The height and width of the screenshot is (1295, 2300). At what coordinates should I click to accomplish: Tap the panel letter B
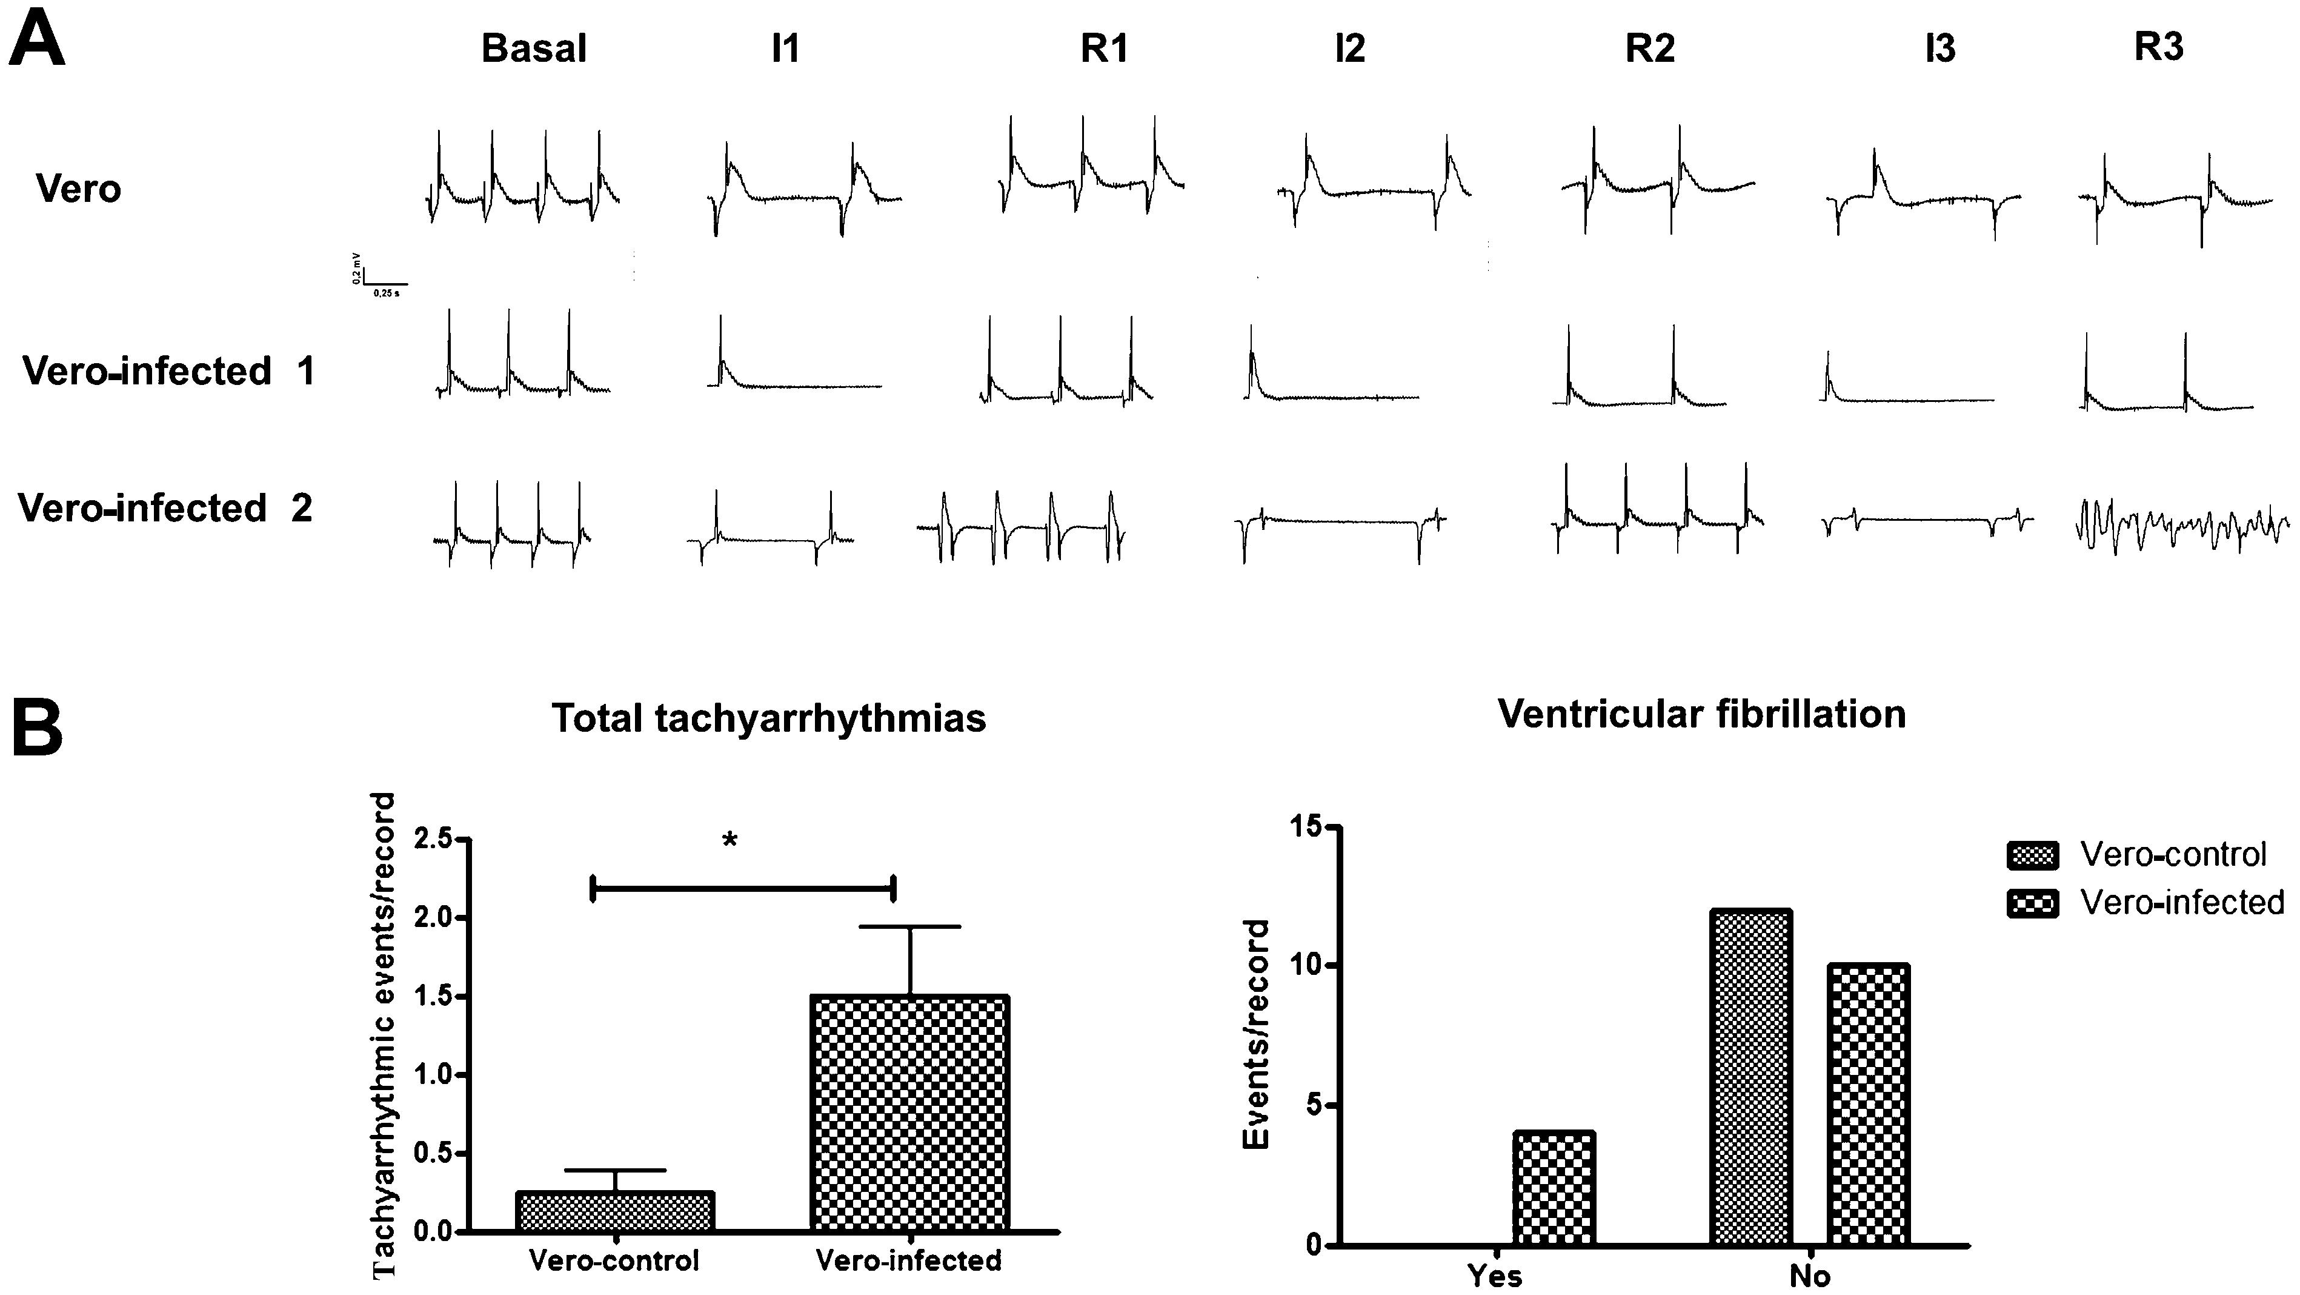38,728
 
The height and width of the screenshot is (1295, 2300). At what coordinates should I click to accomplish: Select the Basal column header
534,49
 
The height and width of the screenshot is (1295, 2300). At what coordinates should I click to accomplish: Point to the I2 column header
1349,49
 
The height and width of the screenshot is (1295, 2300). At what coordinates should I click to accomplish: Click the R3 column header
2158,47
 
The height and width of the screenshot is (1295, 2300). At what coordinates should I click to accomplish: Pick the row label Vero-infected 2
165,508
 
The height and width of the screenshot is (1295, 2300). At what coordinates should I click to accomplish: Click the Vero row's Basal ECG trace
522,179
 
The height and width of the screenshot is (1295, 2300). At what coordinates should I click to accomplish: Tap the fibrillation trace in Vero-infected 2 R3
2181,527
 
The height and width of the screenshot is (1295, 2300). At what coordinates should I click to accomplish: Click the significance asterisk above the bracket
730,840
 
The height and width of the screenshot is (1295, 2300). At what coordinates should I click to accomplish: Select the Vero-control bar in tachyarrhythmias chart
616,1211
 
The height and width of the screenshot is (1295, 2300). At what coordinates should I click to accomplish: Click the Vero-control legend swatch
2032,855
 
